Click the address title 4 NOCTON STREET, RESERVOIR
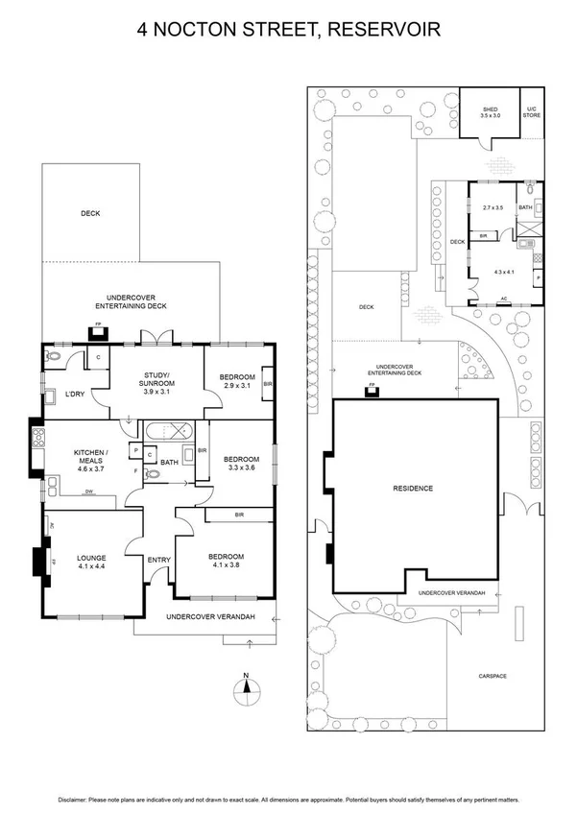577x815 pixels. (x=288, y=31)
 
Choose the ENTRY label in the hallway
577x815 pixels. (x=158, y=561)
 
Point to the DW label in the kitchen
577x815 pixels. (x=89, y=492)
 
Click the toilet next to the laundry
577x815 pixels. (x=53, y=356)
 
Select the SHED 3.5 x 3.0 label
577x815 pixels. (x=490, y=112)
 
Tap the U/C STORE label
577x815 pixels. (x=532, y=112)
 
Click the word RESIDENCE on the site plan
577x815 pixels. (x=413, y=489)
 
